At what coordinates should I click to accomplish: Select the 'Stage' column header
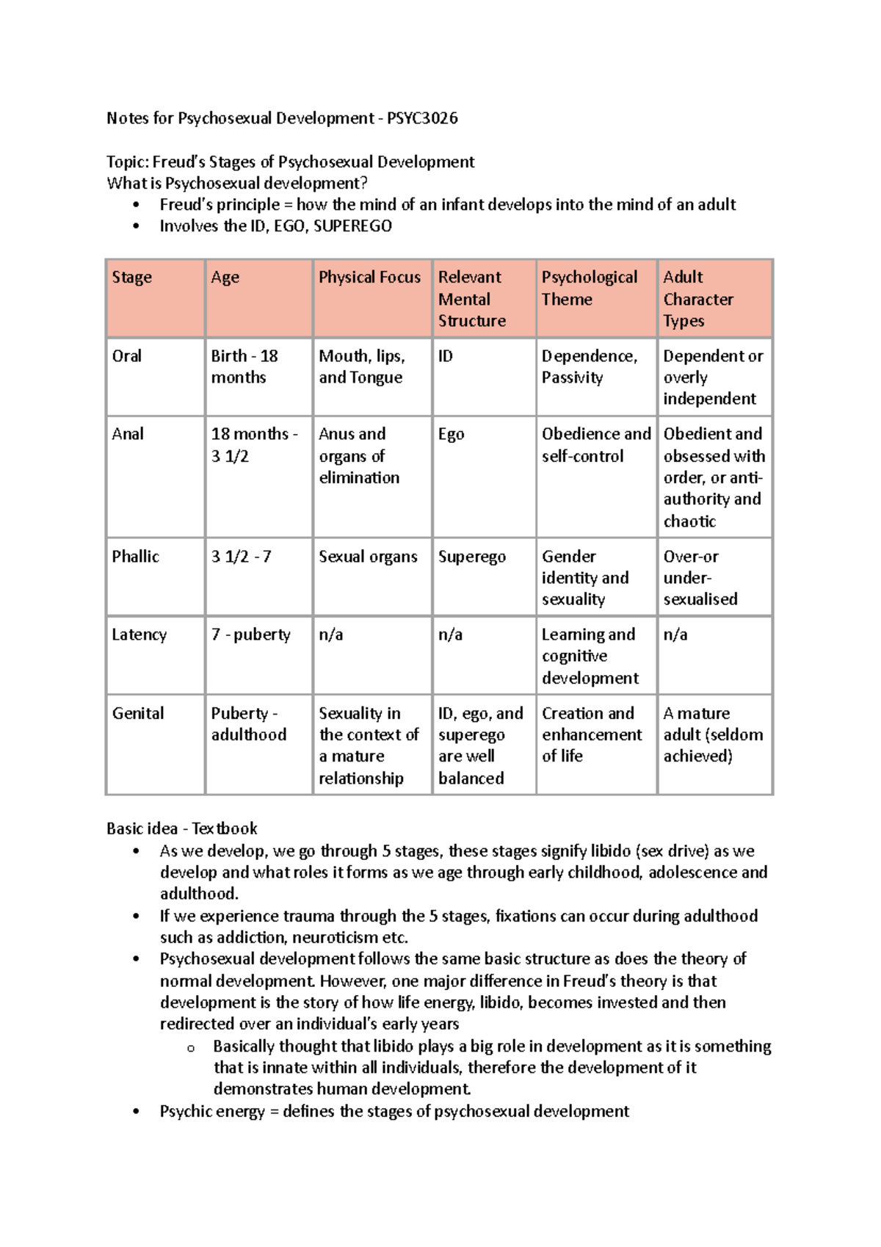coord(132,278)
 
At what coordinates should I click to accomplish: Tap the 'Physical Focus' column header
coord(369,278)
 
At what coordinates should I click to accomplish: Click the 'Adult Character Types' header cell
coord(697,299)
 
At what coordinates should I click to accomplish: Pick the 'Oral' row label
coord(127,356)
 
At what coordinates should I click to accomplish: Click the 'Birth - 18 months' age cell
coord(244,366)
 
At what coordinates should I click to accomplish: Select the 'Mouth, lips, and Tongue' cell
coord(361,366)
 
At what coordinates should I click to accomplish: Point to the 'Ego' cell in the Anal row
coord(451,435)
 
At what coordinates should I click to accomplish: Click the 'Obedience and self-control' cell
coord(595,445)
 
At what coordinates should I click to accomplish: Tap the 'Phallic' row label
coord(135,557)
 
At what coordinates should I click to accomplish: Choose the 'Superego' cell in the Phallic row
coord(472,557)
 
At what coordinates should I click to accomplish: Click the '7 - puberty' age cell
coord(250,635)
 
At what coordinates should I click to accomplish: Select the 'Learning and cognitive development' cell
coord(590,656)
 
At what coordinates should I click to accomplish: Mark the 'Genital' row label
coord(138,713)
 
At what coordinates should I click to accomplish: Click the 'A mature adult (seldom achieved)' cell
coord(712,734)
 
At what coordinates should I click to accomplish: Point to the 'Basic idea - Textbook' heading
coord(181,828)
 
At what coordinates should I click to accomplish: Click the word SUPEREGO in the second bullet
coord(352,226)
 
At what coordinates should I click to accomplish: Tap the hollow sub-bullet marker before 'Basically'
coord(191,1048)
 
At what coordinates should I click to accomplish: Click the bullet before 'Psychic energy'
coord(136,1112)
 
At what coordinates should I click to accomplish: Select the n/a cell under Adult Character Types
coord(675,635)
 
